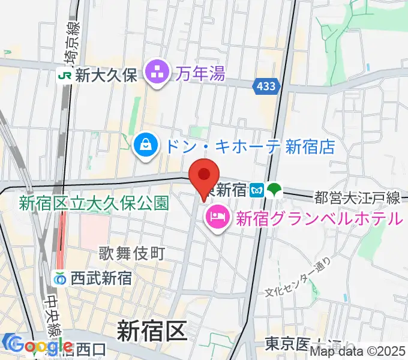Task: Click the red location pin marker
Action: pos(204,175)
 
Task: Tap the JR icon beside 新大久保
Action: pos(63,74)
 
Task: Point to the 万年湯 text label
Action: pos(201,74)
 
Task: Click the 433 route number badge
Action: pos(265,86)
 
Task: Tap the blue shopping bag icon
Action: pos(145,145)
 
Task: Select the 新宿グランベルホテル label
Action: pos(319,218)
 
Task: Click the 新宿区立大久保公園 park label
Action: pos(94,203)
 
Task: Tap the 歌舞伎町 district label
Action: pos(132,254)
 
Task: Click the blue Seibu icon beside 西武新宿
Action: pos(60,279)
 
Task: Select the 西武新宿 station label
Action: pos(101,279)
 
